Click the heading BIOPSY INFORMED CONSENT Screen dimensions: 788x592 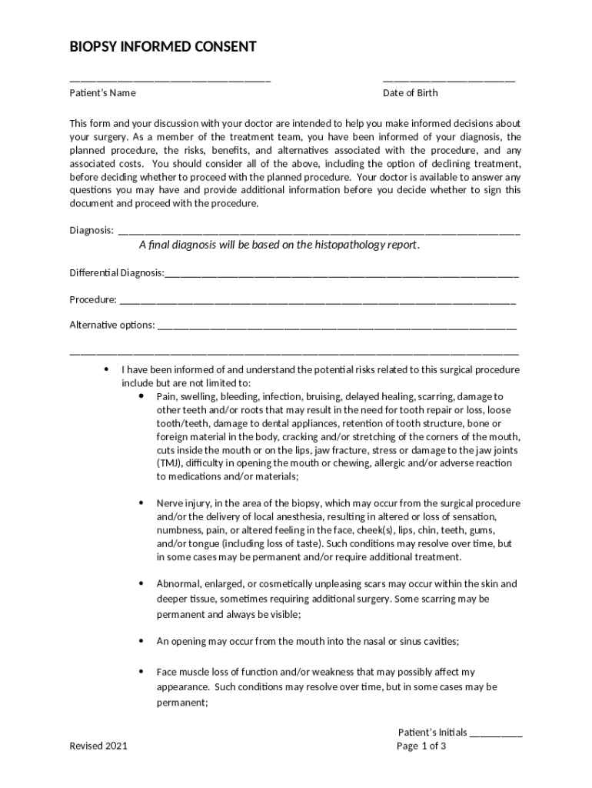click(x=163, y=48)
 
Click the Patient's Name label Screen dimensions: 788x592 click(x=102, y=93)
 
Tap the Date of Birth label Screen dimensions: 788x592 click(x=411, y=93)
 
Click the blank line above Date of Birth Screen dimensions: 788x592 click(x=449, y=81)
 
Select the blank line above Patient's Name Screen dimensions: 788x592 click(x=170, y=81)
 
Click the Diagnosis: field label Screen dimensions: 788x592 click(x=91, y=230)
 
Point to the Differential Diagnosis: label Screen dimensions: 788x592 click(x=116, y=273)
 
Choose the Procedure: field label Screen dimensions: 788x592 click(x=93, y=299)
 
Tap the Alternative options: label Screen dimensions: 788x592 click(x=112, y=325)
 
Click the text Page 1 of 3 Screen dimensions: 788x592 click(x=421, y=746)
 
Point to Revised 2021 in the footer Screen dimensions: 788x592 click(x=98, y=746)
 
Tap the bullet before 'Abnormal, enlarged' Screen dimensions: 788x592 click(x=141, y=583)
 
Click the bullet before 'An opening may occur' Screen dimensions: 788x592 click(x=141, y=640)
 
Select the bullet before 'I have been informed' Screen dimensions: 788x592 click(x=107, y=369)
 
